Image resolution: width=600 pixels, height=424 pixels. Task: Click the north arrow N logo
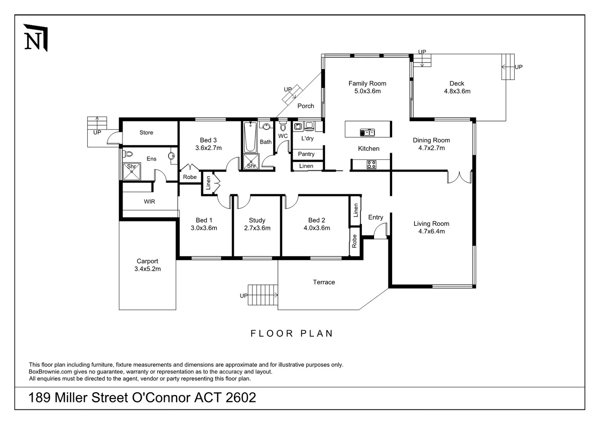pos(35,38)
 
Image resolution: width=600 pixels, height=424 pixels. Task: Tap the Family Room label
pos(367,83)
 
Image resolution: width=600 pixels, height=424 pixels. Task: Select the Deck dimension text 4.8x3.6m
pos(457,91)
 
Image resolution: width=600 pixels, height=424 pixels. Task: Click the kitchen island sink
pos(367,132)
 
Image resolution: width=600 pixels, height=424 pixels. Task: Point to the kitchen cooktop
pos(371,164)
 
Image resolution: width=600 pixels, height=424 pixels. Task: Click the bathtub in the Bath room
pos(250,137)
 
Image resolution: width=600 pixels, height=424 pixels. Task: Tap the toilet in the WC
pos(283,127)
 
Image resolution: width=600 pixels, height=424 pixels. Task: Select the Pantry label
pos(306,154)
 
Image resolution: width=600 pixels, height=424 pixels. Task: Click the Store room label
pos(146,133)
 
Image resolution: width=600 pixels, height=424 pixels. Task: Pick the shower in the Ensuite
pos(132,172)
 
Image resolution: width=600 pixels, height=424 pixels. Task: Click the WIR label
pos(149,201)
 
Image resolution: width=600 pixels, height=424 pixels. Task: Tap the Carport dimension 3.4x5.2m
pos(147,269)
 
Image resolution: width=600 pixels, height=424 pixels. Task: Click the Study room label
pos(257,220)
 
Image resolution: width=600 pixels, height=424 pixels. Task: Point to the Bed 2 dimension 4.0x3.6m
pos(317,228)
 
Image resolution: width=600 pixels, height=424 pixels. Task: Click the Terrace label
pos(324,282)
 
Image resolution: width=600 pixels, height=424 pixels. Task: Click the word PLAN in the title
pos(317,333)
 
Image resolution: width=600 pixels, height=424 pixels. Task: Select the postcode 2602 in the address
pos(241,398)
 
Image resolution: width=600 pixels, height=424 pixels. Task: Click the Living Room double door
pos(459,177)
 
